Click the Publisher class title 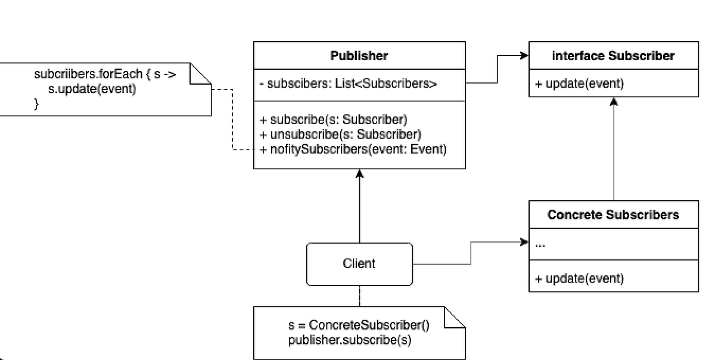[359, 56]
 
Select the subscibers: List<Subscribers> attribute [349, 84]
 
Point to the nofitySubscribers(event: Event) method [353, 149]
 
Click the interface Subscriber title [613, 56]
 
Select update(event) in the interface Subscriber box [580, 84]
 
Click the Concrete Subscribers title [613, 215]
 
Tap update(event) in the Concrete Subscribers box [580, 278]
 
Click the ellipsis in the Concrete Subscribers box [540, 244]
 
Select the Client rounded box [359, 263]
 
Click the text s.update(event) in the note [92, 90]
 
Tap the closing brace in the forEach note [37, 104]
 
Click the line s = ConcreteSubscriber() [358, 325]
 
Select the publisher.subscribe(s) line [349, 340]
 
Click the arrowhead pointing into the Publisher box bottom [359, 173]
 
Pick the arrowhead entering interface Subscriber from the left [524, 56]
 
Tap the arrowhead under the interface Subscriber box [614, 101]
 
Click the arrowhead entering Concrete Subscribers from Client [524, 242]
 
